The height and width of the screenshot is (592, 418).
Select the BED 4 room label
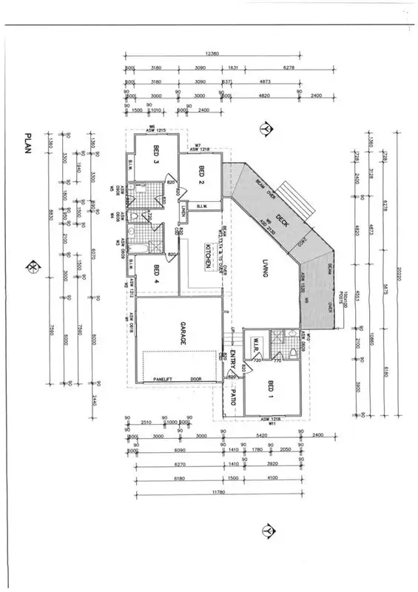(157, 275)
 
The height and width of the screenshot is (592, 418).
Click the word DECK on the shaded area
(282, 218)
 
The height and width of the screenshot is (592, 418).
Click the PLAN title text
(28, 144)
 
